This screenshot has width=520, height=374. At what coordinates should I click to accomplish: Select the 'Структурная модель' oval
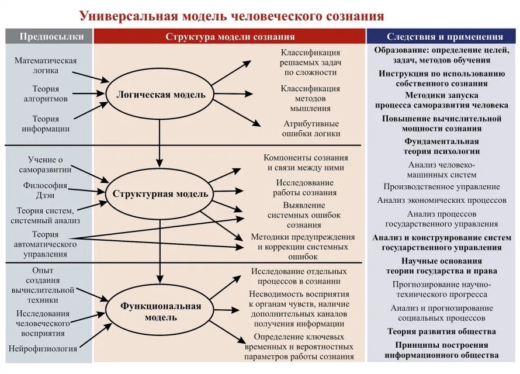(x=160, y=193)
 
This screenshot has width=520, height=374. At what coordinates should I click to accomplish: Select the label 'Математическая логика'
(x=46, y=65)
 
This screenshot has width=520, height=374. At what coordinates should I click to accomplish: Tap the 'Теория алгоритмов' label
(x=46, y=93)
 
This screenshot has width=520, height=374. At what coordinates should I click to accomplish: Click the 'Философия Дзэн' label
(x=46, y=191)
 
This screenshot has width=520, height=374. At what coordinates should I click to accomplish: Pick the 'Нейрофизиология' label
(x=43, y=348)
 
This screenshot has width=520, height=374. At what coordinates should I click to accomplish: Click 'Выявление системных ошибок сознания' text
(x=304, y=215)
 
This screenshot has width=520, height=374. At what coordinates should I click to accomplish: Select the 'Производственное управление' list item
(x=442, y=186)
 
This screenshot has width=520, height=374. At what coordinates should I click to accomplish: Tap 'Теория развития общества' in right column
(x=442, y=331)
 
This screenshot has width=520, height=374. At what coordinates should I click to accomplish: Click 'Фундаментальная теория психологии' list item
(x=442, y=146)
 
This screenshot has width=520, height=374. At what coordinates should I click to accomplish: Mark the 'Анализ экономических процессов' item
(x=442, y=200)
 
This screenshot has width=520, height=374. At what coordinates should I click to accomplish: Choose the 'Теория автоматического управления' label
(x=46, y=244)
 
